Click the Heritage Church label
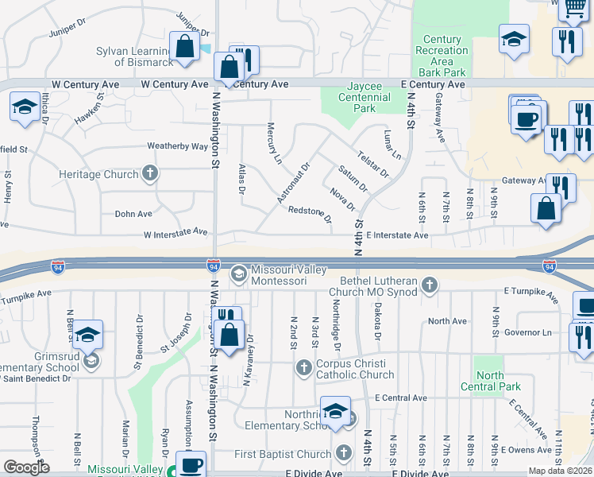(x=98, y=174)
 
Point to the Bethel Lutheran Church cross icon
(x=429, y=285)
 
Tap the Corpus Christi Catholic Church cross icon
(x=303, y=368)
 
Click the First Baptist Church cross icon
(x=343, y=453)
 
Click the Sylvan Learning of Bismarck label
(x=133, y=56)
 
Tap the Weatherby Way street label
(x=178, y=146)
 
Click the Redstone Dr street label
(x=310, y=214)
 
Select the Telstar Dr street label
(x=372, y=164)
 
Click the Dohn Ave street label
(x=133, y=213)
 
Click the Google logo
(x=26, y=467)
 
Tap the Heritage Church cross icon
(x=149, y=173)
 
